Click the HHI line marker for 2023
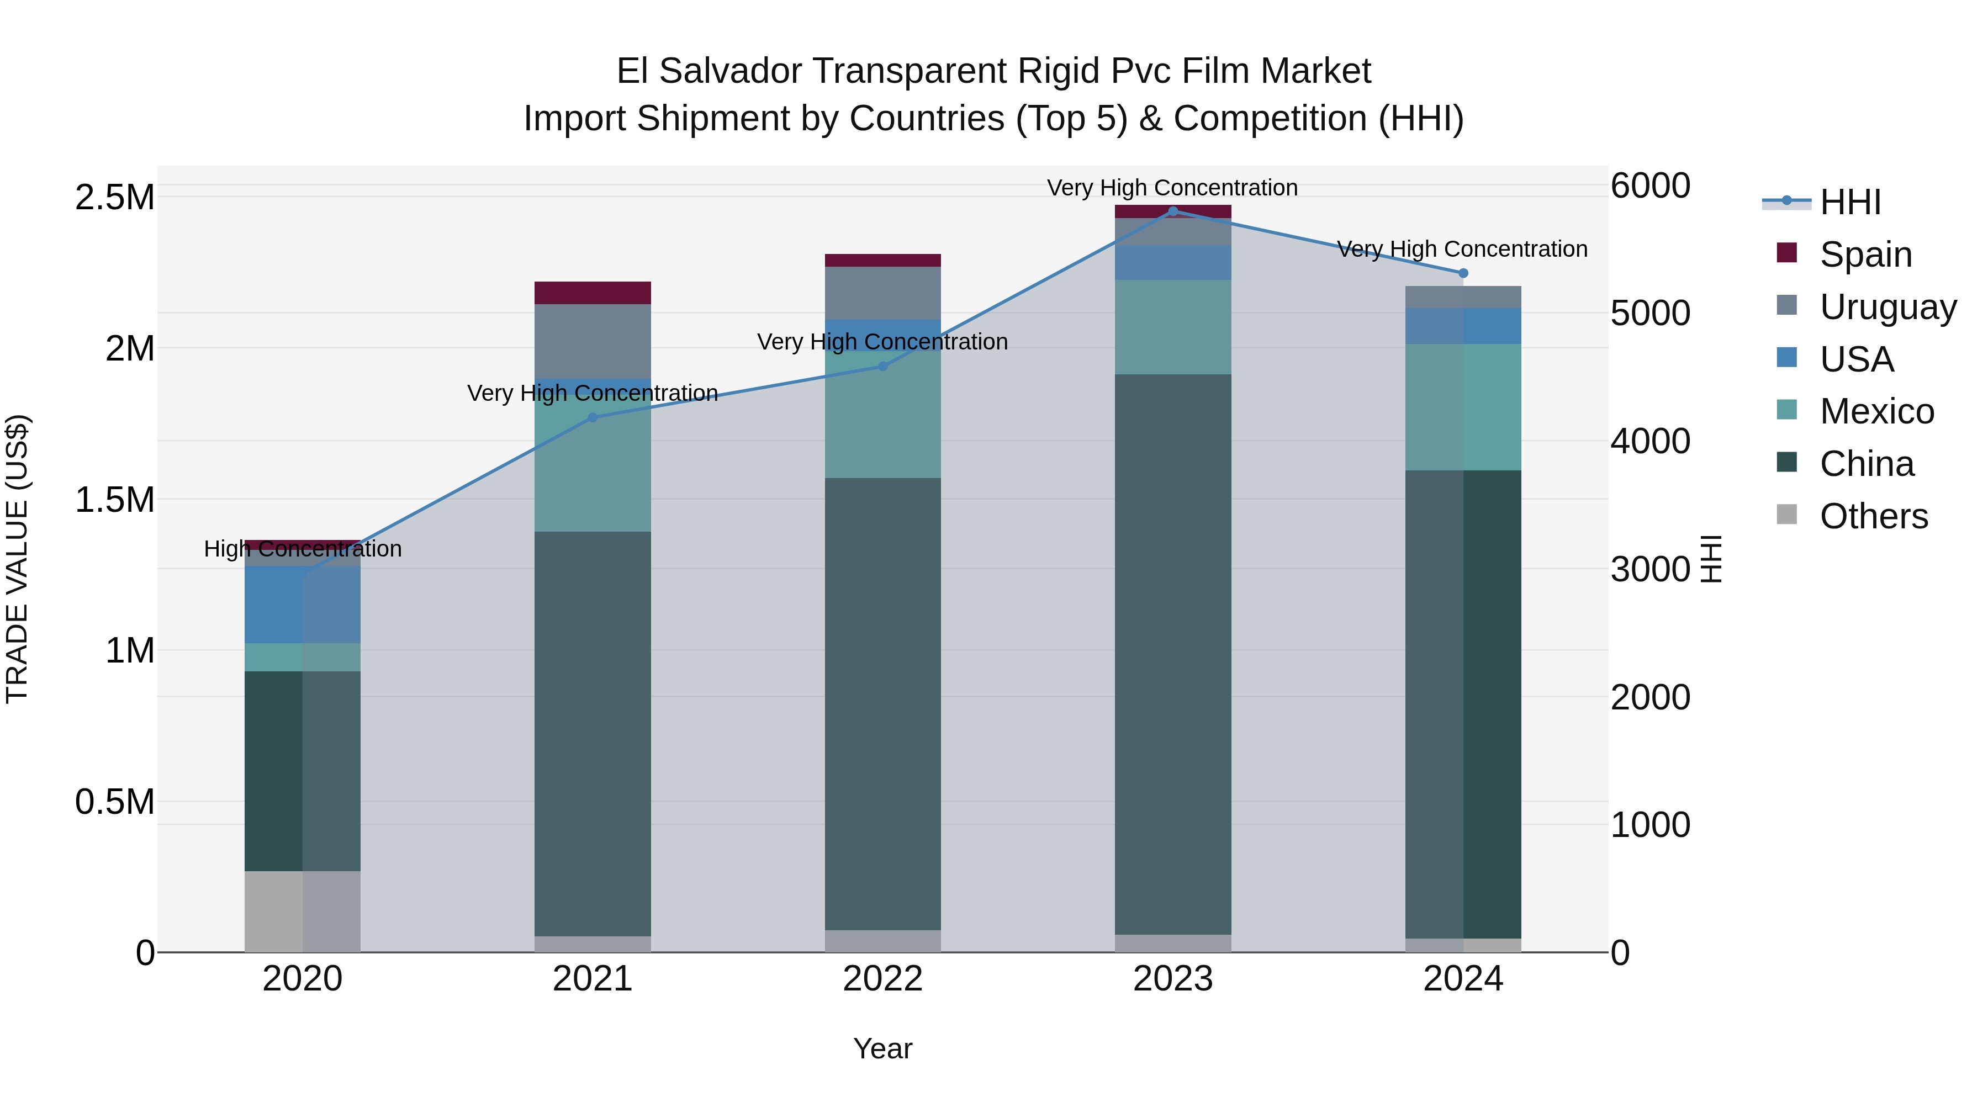point(1173,211)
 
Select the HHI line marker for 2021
point(593,417)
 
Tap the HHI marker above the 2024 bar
point(1463,273)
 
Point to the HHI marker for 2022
point(883,367)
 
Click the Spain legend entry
point(1865,254)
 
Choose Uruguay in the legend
point(1887,306)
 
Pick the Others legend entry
point(1874,516)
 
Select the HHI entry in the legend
point(1850,202)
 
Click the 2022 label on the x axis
point(883,978)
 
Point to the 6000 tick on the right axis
point(1650,186)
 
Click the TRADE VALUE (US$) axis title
point(17,559)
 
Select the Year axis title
point(883,1048)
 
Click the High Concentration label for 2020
point(303,549)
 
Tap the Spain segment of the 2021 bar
point(593,293)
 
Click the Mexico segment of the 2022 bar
point(883,417)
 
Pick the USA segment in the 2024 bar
point(1463,326)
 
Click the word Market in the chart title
point(1316,71)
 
